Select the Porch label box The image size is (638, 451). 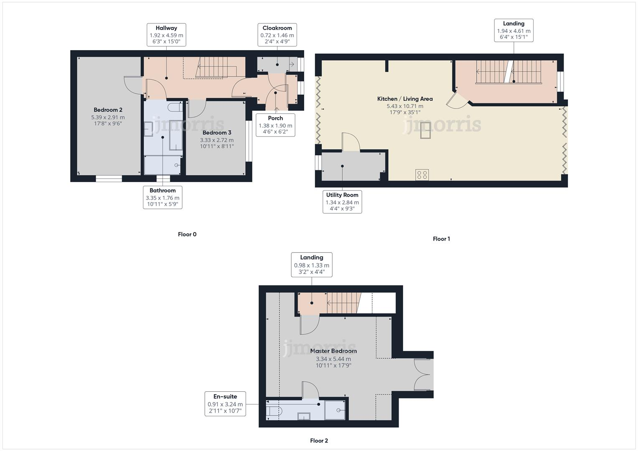pos(275,125)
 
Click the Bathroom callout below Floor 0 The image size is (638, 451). pos(163,197)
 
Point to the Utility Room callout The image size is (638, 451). pos(342,202)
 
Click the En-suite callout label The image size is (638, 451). pos(225,403)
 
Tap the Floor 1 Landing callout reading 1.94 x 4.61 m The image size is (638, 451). pos(513,30)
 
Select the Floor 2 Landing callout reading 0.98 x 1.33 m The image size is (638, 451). pos(311,264)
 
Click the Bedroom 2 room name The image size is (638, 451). pos(108,110)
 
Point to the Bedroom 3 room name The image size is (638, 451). pos(217,133)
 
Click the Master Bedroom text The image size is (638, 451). pos(333,351)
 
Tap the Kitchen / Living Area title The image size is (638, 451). pos(405,99)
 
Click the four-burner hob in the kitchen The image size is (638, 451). pos(422,175)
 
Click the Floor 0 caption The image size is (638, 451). pos(187,234)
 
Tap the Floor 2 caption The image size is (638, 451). pos(319,441)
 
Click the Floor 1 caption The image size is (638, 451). pos(441,239)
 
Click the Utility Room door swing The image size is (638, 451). pos(351,142)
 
